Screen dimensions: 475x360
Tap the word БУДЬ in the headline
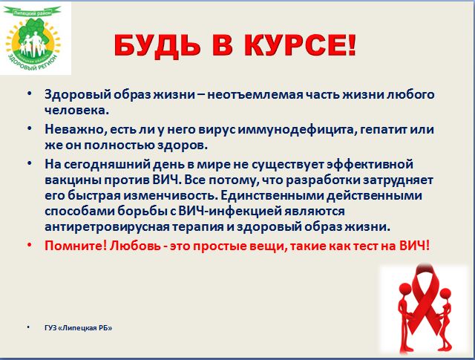tap(157, 46)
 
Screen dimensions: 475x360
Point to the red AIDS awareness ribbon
tap(424, 300)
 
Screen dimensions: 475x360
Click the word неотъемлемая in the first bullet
tap(255, 94)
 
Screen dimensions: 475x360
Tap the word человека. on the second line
tap(76, 111)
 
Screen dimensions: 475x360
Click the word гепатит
tap(381, 130)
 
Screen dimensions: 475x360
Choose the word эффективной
tap(370, 164)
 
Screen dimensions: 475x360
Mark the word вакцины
tap(73, 180)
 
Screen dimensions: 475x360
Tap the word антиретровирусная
tap(107, 227)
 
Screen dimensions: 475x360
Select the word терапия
tap(199, 227)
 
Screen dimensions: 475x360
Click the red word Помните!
tap(76, 246)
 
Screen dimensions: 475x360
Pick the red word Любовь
tap(135, 246)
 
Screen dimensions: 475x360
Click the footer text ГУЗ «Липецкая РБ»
tap(78, 328)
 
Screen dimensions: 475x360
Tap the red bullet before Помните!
tap(30, 244)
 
